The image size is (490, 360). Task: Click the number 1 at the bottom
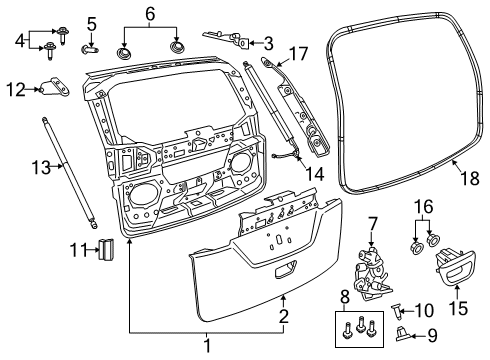(208, 347)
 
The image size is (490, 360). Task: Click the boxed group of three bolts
(358, 328)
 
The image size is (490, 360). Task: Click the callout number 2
(282, 315)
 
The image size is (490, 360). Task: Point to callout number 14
(290, 173)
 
